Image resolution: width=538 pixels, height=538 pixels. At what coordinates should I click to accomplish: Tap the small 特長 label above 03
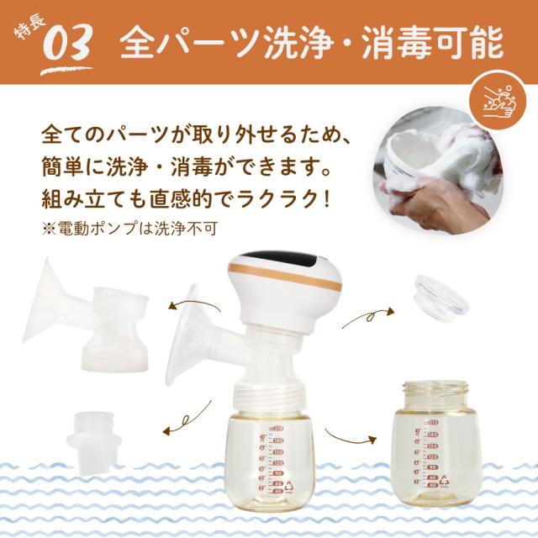(x=28, y=30)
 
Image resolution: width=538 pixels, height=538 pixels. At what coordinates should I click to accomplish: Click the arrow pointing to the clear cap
(x=367, y=317)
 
